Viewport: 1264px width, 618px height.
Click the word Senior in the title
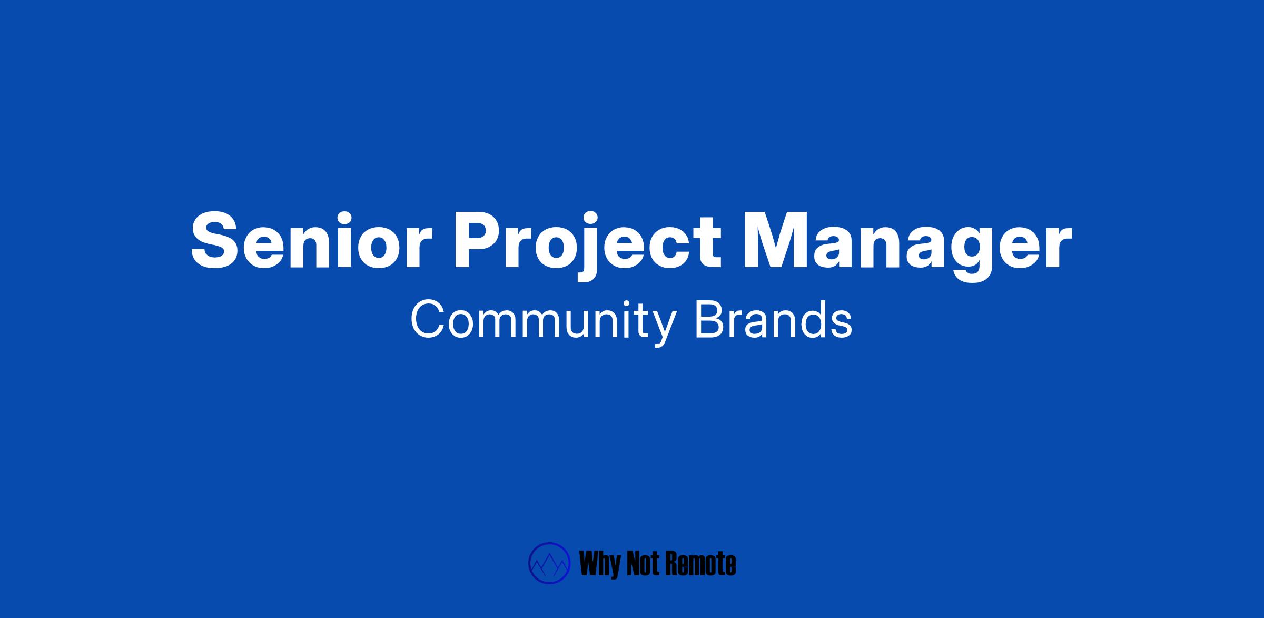(x=308, y=241)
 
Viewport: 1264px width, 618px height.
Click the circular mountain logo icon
(x=549, y=563)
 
